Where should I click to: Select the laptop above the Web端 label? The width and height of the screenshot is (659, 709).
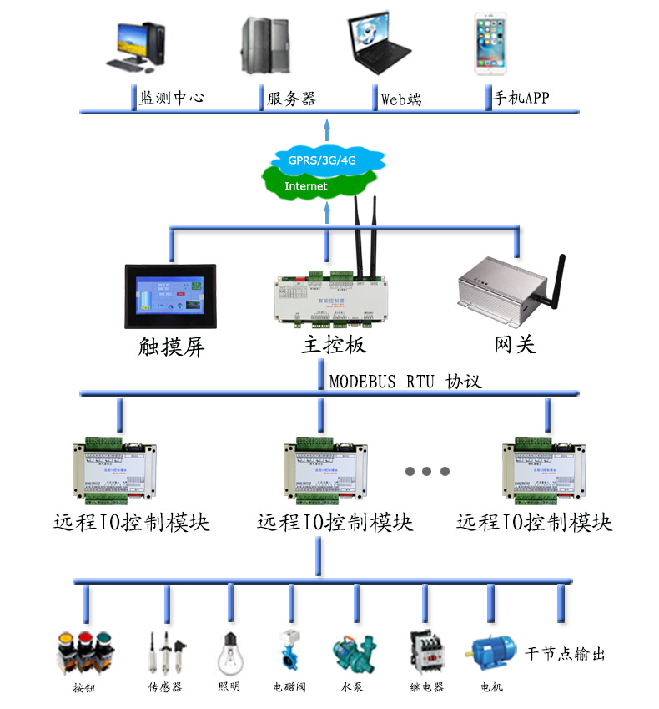378,46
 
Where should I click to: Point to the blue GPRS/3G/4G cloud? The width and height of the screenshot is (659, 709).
328,158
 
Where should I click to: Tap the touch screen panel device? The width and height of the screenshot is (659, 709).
169,296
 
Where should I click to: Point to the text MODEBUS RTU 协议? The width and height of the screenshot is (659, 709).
405,382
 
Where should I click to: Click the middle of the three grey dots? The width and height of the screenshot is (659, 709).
425,472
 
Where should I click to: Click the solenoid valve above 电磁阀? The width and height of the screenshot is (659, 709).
289,652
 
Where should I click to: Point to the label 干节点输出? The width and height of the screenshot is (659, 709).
565,653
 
